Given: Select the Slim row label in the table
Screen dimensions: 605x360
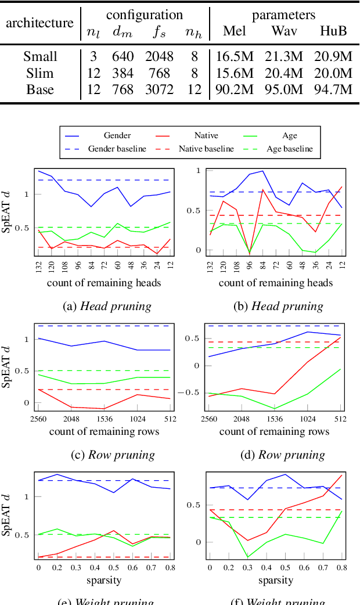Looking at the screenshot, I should tap(40, 73).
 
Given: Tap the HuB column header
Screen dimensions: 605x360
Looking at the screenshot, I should tap(333, 31).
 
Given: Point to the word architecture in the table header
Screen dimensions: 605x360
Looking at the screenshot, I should tap(40, 23).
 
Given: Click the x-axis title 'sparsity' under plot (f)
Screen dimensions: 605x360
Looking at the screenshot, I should tap(275, 580).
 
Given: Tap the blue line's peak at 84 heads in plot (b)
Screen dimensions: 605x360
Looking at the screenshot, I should tap(262, 171).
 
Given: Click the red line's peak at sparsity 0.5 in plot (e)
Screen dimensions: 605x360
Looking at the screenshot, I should tap(114, 531).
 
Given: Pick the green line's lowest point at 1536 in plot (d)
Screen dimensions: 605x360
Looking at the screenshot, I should tap(274, 409).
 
